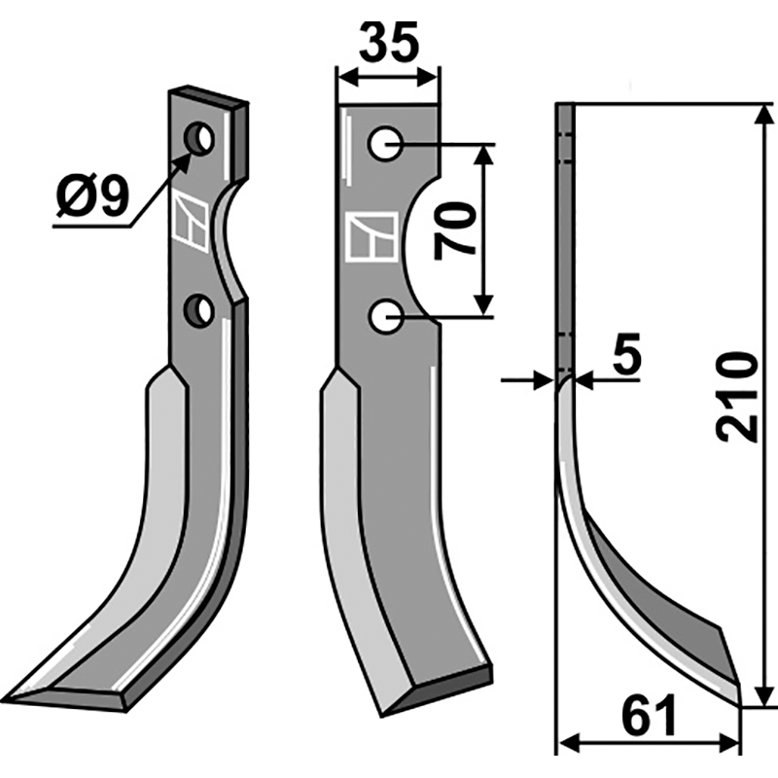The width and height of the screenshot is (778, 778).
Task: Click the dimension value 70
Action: pyautogui.click(x=455, y=230)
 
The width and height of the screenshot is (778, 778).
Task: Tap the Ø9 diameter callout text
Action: pyautogui.click(x=91, y=198)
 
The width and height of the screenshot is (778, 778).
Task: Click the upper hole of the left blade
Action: pyautogui.click(x=202, y=139)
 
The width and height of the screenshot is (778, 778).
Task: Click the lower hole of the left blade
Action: pyautogui.click(x=200, y=311)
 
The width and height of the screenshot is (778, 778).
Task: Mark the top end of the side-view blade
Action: pyautogui.click(x=565, y=108)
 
